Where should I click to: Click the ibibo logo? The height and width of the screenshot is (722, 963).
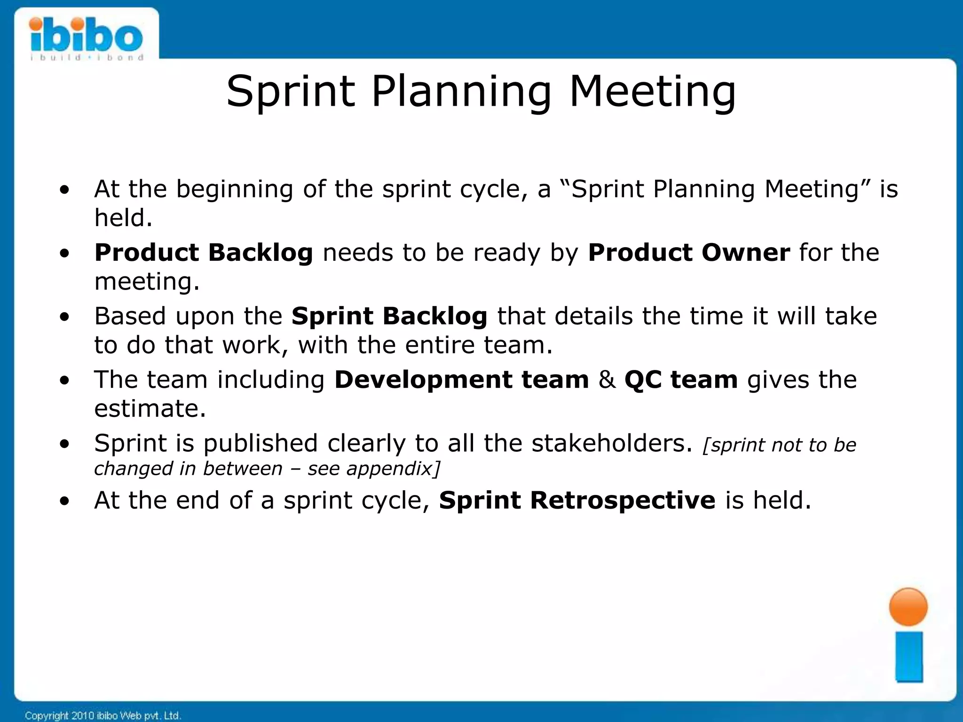click(x=87, y=38)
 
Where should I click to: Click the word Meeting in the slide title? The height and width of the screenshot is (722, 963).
click(x=653, y=92)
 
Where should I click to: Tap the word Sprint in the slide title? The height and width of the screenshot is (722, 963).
click(x=290, y=92)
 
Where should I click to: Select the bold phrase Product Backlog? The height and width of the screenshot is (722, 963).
click(x=204, y=253)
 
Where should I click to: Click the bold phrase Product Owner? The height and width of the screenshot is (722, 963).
click(x=689, y=253)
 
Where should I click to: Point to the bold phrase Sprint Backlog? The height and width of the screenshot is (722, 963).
click(x=389, y=316)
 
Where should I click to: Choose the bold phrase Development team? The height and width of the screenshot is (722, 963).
click(x=461, y=380)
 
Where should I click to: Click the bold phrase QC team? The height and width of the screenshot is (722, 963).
click(x=681, y=380)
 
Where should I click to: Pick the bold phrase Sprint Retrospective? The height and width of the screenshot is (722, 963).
click(x=577, y=500)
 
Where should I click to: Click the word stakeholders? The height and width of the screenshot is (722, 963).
click(x=612, y=444)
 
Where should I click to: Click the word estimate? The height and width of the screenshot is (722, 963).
click(x=150, y=408)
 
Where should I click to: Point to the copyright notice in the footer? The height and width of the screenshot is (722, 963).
click(x=103, y=715)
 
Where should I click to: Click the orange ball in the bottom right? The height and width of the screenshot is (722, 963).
click(x=908, y=607)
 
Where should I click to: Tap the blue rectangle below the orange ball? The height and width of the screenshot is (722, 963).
click(x=909, y=657)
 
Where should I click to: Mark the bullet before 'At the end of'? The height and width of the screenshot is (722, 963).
click(x=64, y=501)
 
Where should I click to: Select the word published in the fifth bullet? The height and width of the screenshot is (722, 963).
click(x=260, y=444)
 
